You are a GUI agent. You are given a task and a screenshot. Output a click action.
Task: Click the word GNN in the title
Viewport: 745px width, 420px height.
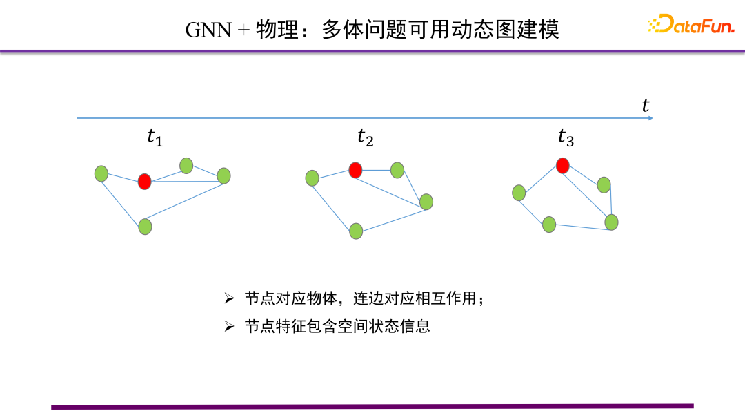click(209, 30)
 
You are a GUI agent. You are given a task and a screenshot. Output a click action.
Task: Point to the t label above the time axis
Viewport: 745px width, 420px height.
click(646, 105)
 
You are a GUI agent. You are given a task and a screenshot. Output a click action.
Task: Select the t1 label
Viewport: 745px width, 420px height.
click(155, 137)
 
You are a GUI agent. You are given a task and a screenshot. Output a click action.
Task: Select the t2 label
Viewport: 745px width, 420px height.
click(365, 137)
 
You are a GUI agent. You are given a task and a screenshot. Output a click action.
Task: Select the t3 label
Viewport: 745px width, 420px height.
click(566, 137)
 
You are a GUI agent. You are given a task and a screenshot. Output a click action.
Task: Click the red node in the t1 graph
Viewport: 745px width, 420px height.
click(144, 182)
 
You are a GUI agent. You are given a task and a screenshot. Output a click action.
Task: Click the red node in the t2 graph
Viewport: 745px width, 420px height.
click(355, 170)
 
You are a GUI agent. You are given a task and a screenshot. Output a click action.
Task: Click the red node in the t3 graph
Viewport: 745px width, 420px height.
click(563, 165)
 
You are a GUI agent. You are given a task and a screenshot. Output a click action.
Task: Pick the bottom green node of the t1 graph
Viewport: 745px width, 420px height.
click(145, 226)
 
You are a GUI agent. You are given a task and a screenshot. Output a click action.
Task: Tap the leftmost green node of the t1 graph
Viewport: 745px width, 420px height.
click(101, 173)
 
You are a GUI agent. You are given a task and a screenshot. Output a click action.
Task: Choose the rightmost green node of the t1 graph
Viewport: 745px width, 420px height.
click(223, 175)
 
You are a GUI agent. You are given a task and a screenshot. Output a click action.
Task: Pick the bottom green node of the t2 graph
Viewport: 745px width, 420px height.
click(356, 231)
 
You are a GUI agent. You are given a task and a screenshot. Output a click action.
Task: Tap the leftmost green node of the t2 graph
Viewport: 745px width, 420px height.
click(312, 178)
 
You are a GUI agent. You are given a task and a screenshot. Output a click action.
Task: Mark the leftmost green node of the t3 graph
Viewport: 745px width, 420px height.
click(519, 193)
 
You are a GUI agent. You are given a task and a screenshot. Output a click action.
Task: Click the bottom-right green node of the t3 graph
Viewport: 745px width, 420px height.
click(611, 222)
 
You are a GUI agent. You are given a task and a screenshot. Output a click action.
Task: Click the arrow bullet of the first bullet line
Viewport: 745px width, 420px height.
click(230, 299)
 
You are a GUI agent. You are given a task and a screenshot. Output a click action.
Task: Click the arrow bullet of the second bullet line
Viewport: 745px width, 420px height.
click(230, 326)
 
